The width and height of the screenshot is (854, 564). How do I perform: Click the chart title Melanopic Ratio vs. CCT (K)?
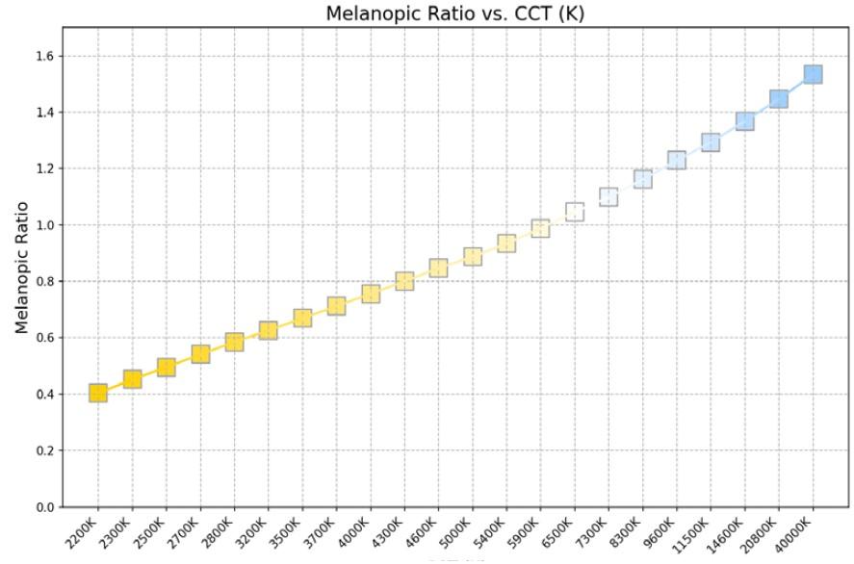[454, 13]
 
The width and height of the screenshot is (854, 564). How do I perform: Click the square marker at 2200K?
[98, 393]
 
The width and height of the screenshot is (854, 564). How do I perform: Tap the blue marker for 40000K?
[813, 74]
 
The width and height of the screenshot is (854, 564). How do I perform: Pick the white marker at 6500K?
[575, 212]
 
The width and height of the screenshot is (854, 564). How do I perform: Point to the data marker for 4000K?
[371, 294]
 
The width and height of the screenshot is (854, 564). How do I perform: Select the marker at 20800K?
[779, 99]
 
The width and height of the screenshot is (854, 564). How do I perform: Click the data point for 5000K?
[473, 257]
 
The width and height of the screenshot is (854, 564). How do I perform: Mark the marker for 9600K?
[677, 160]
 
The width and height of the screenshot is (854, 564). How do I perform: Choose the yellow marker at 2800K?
[234, 342]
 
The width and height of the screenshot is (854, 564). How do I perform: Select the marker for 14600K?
[745, 121]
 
